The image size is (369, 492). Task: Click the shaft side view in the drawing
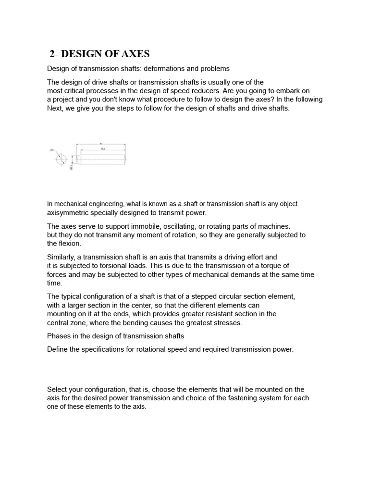click(x=101, y=157)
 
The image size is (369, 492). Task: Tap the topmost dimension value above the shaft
click(x=100, y=144)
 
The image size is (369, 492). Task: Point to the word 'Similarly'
click(x=61, y=257)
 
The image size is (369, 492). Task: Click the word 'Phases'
click(x=59, y=336)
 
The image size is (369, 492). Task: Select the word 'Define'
click(x=58, y=349)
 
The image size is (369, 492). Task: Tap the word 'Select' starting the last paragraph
click(x=57, y=389)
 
